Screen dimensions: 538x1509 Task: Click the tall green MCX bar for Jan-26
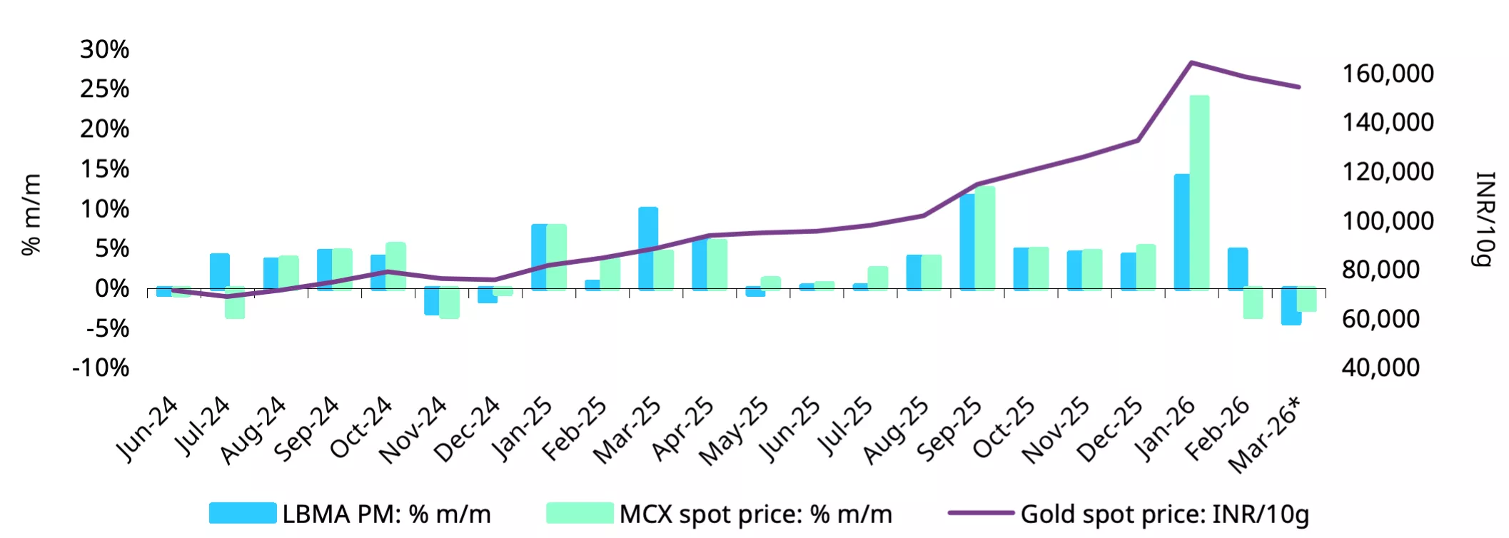pos(1200,193)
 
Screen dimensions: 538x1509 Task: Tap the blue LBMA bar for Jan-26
pos(1181,232)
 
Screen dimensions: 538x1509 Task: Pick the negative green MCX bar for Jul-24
pos(236,303)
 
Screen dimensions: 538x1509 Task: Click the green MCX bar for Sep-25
pos(985,238)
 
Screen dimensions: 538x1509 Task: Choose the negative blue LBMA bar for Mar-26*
pos(1290,306)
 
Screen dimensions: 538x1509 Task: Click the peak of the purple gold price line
pos(1191,63)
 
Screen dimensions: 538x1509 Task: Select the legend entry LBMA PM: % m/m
pos(350,514)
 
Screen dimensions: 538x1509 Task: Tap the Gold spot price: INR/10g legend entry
pos(1128,514)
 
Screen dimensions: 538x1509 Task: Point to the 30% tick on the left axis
pos(105,49)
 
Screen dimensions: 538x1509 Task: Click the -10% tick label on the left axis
pos(101,368)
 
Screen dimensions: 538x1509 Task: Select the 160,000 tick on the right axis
pos(1388,73)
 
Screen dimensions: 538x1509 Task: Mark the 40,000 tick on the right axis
pos(1381,367)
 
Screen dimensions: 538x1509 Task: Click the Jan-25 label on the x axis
pos(523,428)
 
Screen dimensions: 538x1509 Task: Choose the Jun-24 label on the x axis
pos(147,428)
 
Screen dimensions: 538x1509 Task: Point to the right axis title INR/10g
pos(1485,218)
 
